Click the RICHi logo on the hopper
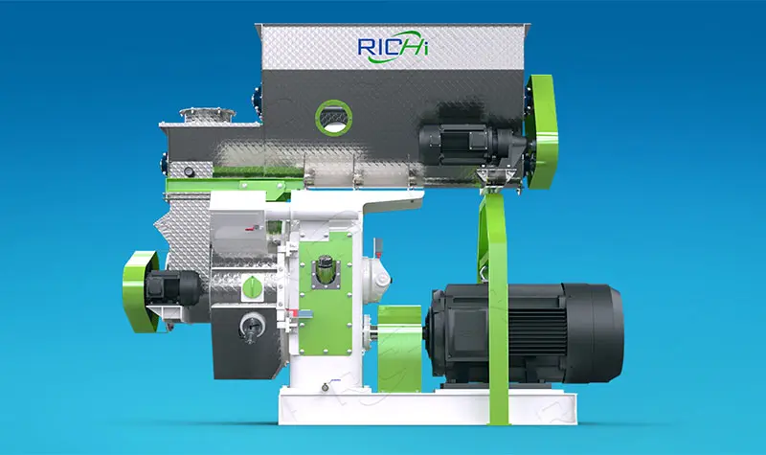394,47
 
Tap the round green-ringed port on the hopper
333,117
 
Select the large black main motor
524,332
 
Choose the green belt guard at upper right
541,132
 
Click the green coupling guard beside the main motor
399,349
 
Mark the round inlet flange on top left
208,115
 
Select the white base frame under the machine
427,406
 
